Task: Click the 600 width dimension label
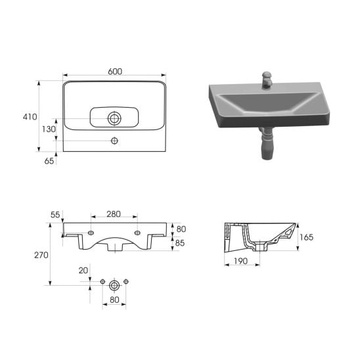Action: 115,72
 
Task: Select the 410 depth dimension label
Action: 30,117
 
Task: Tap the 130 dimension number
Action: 49,129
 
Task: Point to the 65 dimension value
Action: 49,161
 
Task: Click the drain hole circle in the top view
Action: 114,118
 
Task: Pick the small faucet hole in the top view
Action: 114,141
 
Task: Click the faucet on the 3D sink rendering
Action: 267,79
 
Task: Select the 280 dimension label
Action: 114,214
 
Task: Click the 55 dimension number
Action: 55,215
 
